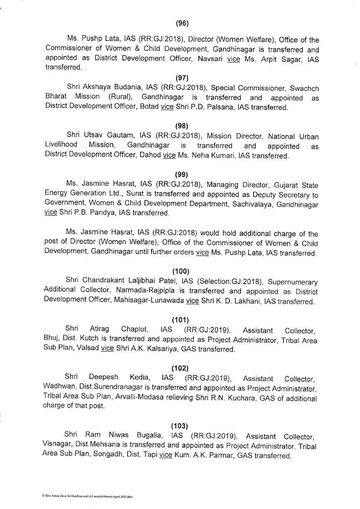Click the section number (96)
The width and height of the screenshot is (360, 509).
pos(182,22)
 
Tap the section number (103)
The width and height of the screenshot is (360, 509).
pos(180,426)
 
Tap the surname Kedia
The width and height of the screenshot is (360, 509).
pos(127,378)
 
